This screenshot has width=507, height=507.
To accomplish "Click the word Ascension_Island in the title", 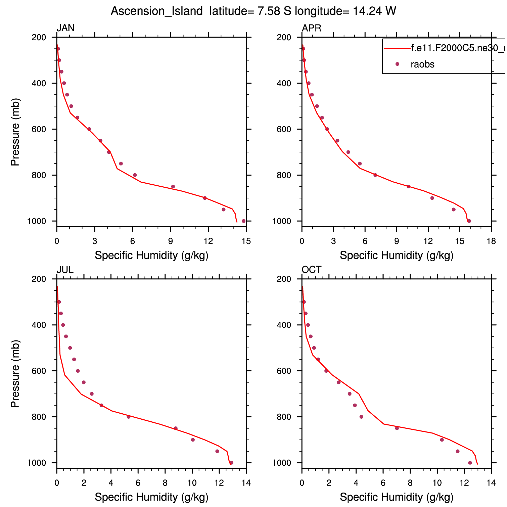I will click(156, 11).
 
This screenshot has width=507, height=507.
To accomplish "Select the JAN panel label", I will click(65, 28).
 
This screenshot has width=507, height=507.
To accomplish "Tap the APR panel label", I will click(311, 28).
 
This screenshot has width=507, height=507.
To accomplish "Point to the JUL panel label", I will click(65, 270).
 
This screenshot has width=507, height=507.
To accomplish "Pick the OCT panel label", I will click(311, 270).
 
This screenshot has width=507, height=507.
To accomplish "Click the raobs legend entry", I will click(422, 64).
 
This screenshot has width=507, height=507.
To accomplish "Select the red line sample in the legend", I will click(397, 48).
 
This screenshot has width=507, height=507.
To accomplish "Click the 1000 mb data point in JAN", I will click(244, 221).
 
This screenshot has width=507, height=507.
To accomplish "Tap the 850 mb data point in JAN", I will click(173, 186).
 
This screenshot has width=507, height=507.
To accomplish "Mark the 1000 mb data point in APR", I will click(469, 221).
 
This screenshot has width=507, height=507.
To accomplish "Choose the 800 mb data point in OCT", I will click(361, 417).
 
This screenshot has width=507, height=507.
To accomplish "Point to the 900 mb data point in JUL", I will click(193, 440).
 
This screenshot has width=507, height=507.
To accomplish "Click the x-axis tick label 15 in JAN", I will click(246, 241).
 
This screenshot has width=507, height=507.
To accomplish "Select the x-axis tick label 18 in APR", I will click(491, 241).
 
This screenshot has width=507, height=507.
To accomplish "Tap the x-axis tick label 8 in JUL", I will click(165, 483).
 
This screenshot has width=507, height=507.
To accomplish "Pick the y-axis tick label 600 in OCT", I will click(283, 371).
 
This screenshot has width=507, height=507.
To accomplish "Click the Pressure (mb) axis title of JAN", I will click(15, 132).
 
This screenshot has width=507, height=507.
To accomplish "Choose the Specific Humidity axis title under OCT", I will click(397, 497).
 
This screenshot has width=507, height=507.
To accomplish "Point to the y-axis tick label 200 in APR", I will click(283, 37).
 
